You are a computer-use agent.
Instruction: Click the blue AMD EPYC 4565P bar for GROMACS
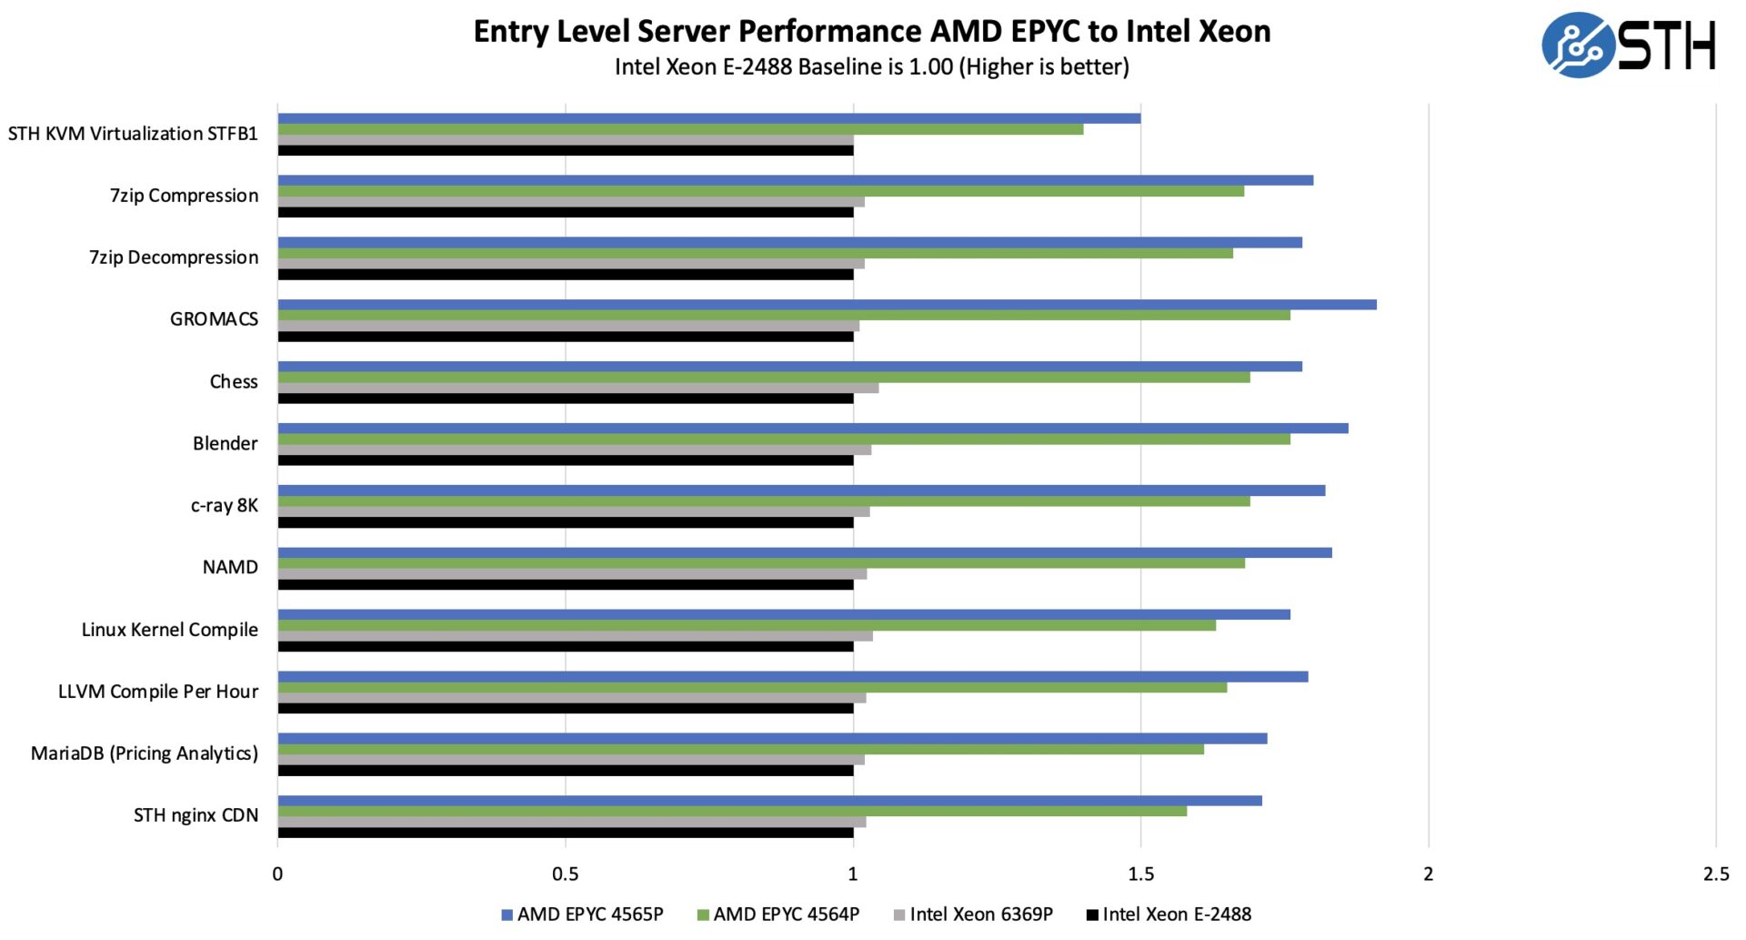[x=827, y=305]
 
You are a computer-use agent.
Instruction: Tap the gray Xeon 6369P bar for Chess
[x=577, y=388]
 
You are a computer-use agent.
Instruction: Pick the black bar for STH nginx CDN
[x=565, y=833]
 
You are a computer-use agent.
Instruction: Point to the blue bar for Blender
[x=812, y=429]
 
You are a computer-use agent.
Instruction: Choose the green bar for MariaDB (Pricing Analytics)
[x=740, y=749]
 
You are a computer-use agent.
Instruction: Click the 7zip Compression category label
[x=185, y=196]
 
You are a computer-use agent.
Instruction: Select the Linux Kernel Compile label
[x=170, y=630]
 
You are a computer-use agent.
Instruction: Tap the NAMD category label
[x=230, y=567]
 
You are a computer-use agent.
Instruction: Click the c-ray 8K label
[x=224, y=505]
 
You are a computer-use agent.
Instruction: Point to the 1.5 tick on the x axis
[x=1140, y=874]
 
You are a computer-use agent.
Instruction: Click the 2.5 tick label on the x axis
[x=1715, y=874]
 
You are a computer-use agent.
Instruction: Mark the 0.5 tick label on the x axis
[x=565, y=874]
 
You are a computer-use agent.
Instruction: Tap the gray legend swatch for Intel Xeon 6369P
[x=899, y=915]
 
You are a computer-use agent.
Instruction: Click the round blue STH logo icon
[x=1577, y=45]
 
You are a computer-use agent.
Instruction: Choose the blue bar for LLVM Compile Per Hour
[x=792, y=677]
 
